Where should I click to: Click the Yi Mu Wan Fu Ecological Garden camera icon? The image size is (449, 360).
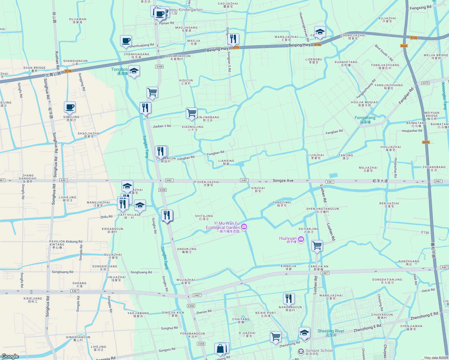point(244,226)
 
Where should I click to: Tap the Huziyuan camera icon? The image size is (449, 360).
point(301,239)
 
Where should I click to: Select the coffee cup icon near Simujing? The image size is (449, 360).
point(70,107)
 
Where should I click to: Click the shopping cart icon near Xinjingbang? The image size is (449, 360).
point(191,113)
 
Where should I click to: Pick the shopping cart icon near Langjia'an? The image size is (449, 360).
point(317,246)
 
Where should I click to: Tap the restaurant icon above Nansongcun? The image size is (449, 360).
point(289,298)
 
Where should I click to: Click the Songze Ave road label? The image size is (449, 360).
point(283,181)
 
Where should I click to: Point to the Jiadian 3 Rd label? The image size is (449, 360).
point(161,126)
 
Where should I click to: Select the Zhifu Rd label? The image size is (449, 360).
point(106,217)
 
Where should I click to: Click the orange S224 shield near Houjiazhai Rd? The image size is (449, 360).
point(426,142)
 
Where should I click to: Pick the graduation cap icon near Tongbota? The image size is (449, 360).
point(134,71)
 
